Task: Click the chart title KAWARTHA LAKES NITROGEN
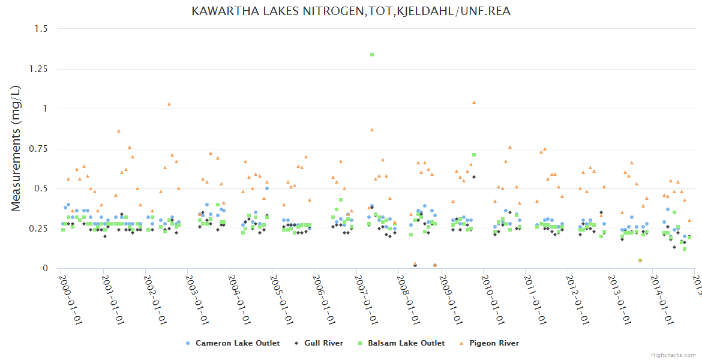point(351,11)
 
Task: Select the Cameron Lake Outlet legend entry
point(237,343)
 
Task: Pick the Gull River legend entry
point(323,343)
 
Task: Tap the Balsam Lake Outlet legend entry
point(406,343)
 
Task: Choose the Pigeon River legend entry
point(494,343)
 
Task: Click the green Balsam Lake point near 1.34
point(372,55)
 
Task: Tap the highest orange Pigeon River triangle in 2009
point(474,102)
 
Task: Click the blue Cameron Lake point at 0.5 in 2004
point(267,188)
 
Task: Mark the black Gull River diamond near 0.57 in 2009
point(473,177)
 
